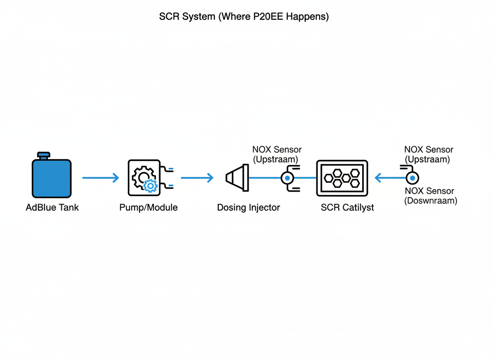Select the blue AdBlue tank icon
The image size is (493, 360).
[x=52, y=178]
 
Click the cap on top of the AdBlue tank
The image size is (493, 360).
[x=43, y=155]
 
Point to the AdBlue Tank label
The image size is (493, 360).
[x=52, y=207]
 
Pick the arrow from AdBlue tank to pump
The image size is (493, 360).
[x=100, y=178]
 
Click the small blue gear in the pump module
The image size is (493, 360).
[x=150, y=186]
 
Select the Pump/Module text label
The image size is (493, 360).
[x=148, y=207]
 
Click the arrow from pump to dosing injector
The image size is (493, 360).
[x=197, y=178]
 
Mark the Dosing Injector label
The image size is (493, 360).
[x=249, y=207]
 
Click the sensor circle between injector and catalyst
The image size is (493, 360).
[x=287, y=178]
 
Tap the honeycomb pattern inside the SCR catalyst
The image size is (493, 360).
[x=342, y=178]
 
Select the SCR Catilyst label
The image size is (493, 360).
[x=347, y=207]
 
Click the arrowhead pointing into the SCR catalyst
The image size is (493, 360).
[x=378, y=178]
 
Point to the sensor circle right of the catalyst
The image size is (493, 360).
[x=412, y=178]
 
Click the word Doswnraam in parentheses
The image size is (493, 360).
[x=431, y=201]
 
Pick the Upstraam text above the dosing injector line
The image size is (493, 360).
[x=276, y=159]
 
